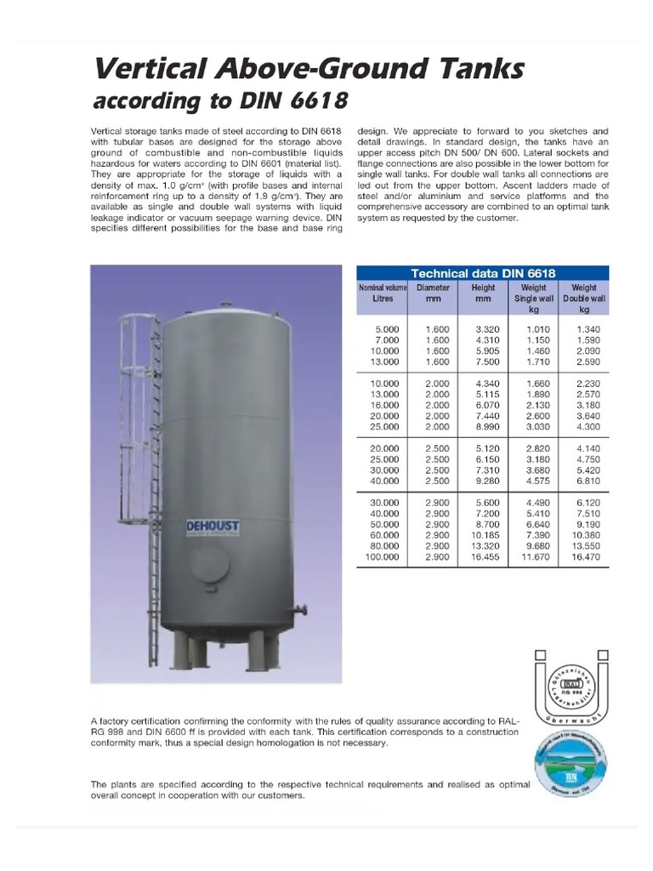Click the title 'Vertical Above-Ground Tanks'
(x=307, y=69)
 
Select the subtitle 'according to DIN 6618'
(x=219, y=102)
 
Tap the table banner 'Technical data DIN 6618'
(x=482, y=273)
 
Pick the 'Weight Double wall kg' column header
(x=583, y=299)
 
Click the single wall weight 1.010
(x=538, y=328)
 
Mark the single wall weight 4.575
(x=538, y=481)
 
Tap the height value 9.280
(x=483, y=481)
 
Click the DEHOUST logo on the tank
(x=213, y=528)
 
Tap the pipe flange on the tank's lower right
(x=300, y=611)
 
